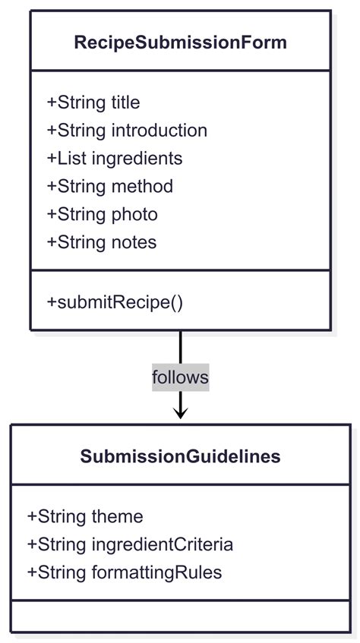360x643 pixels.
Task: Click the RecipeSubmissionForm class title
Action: click(180, 43)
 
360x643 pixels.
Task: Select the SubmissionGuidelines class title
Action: click(180, 456)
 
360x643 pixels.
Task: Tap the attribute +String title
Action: click(93, 102)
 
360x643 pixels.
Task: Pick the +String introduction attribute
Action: click(127, 131)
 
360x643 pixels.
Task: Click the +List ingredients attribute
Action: click(115, 158)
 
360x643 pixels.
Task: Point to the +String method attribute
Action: click(110, 186)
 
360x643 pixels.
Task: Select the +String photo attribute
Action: click(103, 214)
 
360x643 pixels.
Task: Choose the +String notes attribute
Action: click(102, 242)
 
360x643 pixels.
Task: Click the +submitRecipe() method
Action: click(115, 301)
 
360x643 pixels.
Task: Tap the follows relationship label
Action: click(180, 377)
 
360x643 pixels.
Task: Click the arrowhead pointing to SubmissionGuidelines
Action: click(180, 413)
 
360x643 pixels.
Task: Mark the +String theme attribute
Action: click(85, 517)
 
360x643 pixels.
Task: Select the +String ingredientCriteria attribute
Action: click(130, 544)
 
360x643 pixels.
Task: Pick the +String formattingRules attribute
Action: click(125, 572)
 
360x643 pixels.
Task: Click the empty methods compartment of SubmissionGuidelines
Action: click(180, 616)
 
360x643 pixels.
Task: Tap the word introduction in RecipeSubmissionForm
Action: click(159, 131)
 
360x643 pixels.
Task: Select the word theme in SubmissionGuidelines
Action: click(117, 517)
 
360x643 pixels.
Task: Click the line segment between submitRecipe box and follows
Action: click(180, 347)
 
